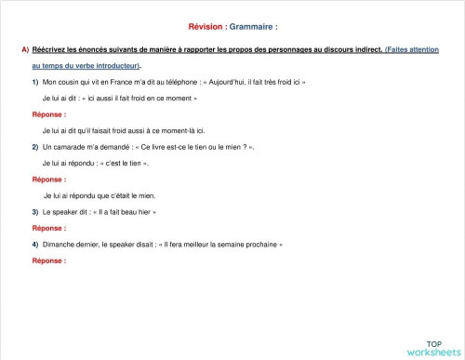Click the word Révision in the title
point(193,27)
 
